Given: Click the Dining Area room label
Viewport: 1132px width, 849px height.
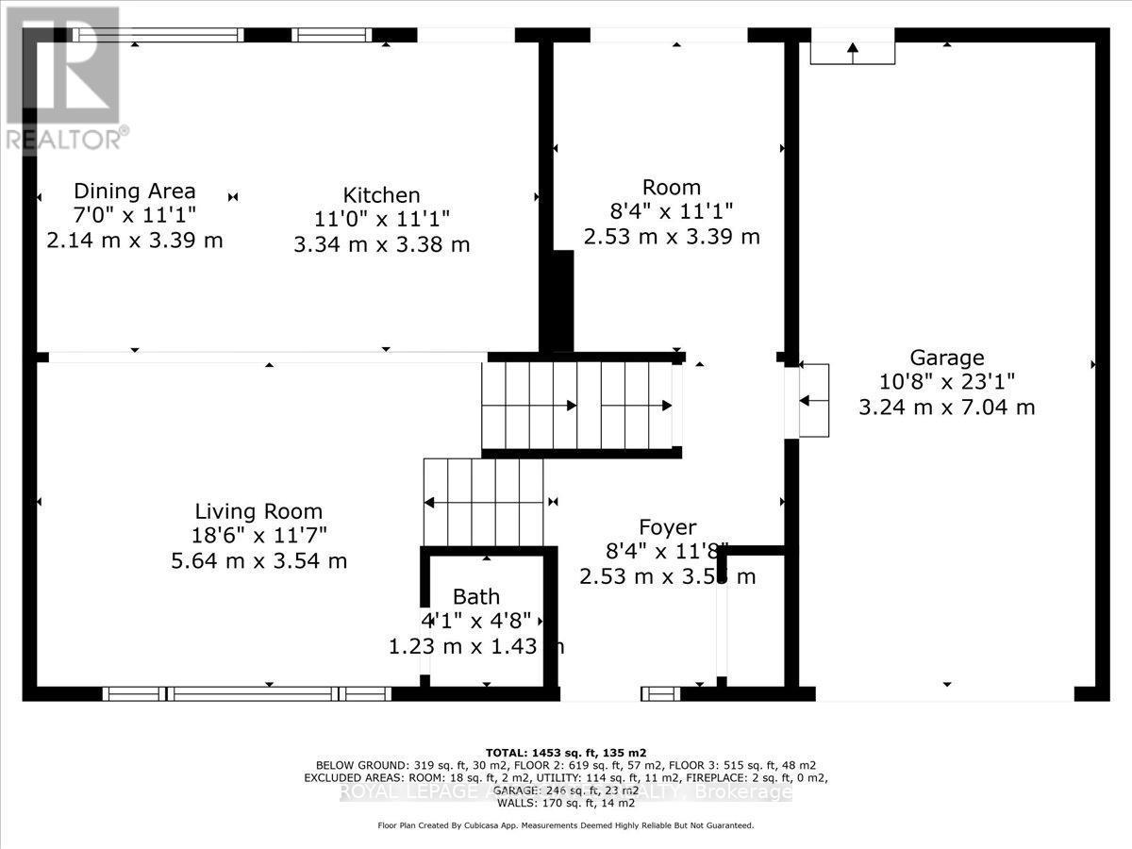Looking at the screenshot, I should coord(134,191).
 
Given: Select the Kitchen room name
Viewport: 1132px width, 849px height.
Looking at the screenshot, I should coord(381,195).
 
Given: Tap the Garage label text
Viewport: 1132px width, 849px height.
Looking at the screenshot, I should coord(946,358).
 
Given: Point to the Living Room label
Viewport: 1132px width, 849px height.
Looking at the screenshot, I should coord(258,511).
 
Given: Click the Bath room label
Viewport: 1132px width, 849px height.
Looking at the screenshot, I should coord(476,596).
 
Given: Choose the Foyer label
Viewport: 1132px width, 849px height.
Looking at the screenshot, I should coord(667,527).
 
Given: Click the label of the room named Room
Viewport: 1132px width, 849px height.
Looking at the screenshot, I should coord(671,187).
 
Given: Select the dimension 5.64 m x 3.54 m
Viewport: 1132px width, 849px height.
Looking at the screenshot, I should coord(258,560).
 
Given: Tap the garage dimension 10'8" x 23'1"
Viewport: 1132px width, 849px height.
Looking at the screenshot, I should coord(946,382).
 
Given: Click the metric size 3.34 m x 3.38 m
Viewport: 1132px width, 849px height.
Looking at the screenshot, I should coord(381,244).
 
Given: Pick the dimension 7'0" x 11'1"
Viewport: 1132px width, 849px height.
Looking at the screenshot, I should coord(134,215).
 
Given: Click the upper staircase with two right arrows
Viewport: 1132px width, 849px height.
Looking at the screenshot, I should coord(580,406).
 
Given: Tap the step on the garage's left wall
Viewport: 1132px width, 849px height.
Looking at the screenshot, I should coord(814,400).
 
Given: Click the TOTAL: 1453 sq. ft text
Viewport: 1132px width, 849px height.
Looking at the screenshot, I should coord(565,752).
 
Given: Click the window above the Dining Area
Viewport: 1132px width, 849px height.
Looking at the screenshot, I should coord(158,35).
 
